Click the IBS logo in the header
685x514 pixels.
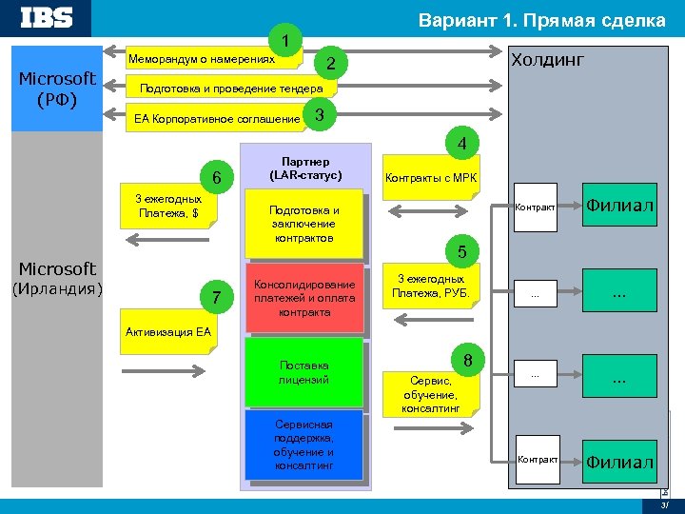point(47,18)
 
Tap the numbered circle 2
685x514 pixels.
point(330,64)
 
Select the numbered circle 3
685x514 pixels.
point(320,115)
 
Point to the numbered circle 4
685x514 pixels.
point(460,146)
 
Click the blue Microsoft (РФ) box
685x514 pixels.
point(56,89)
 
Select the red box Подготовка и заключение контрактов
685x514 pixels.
point(304,224)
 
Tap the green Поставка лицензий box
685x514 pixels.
point(304,372)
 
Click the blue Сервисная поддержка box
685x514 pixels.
point(304,445)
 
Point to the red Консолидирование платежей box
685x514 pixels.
point(304,298)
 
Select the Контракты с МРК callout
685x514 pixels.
point(431,178)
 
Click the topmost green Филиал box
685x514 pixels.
point(620,205)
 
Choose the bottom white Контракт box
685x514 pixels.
point(537,460)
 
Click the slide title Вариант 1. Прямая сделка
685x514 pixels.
point(542,20)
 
